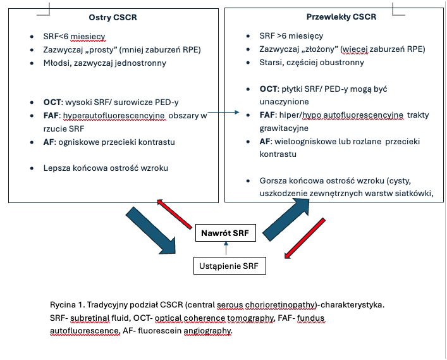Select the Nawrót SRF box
(224, 233)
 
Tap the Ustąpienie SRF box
(229, 265)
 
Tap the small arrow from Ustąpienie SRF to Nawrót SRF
(225, 249)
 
